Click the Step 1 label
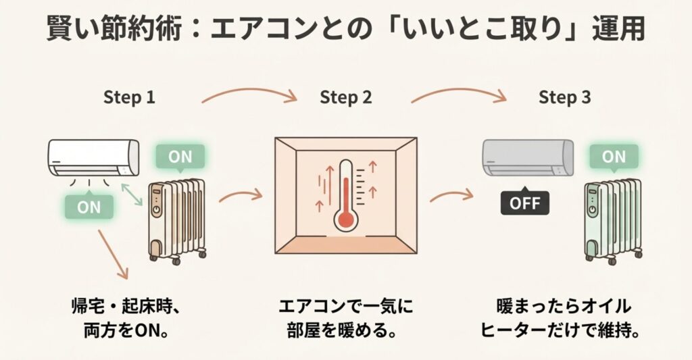tap(129, 97)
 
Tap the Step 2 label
tap(345, 97)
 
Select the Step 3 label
tap(564, 97)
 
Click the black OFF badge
tap(525, 202)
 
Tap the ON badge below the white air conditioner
tap(89, 207)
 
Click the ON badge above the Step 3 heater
tap(614, 157)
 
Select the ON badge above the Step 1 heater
tap(180, 157)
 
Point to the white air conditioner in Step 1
tap(93, 157)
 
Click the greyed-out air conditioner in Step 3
tap(527, 157)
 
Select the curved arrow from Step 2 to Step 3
tap(460, 95)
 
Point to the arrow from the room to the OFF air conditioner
tap(450, 197)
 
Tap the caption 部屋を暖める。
tap(345, 332)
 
